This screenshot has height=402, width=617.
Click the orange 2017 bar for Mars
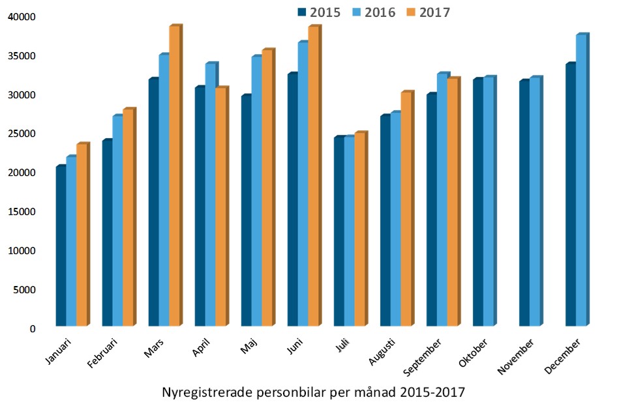(x=174, y=176)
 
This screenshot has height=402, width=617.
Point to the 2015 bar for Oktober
(x=478, y=203)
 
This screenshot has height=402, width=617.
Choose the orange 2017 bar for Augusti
(x=406, y=209)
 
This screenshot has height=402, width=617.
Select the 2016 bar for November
(x=535, y=202)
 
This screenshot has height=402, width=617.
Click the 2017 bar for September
(x=453, y=203)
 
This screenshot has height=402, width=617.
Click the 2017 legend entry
(x=428, y=12)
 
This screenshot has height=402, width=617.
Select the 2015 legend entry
(x=319, y=12)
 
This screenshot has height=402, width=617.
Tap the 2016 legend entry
(x=374, y=12)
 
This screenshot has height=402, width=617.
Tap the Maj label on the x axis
(x=248, y=345)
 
